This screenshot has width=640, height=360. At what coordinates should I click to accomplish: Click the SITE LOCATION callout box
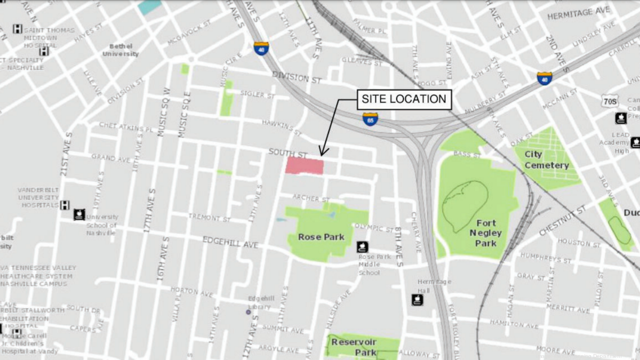tap(404, 99)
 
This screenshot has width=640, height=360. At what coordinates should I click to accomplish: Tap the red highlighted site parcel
tap(305, 165)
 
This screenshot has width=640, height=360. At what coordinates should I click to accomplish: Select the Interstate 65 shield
tap(371, 118)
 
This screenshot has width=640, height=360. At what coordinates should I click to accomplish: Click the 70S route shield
tap(611, 101)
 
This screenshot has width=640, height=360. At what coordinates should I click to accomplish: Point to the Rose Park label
tap(321, 237)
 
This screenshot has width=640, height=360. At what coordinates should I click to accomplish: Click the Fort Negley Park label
tap(486, 233)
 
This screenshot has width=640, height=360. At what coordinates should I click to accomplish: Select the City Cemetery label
tap(546, 159)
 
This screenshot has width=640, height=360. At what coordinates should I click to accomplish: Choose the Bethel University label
tap(121, 50)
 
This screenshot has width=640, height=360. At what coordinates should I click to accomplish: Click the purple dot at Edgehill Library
tap(248, 312)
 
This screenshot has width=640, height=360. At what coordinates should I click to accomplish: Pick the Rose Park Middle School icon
tap(363, 247)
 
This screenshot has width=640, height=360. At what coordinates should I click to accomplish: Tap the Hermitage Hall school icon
tap(418, 300)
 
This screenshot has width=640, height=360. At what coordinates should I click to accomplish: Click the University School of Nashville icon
tap(79, 214)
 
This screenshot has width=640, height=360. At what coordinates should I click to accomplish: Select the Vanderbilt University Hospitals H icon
tap(65, 205)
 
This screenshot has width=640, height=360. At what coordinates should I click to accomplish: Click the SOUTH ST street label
tap(288, 153)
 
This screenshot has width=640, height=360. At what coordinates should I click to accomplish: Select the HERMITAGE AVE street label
tap(578, 12)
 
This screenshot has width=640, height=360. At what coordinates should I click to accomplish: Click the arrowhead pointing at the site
tap(321, 154)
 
